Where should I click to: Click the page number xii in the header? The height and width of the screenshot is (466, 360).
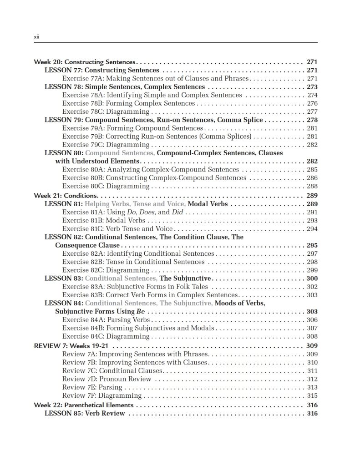pyautogui.click(x=36, y=37)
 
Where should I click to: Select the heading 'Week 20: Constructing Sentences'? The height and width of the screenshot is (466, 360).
pyautogui.click(x=85, y=62)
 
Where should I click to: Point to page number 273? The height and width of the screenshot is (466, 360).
pyautogui.click(x=312, y=87)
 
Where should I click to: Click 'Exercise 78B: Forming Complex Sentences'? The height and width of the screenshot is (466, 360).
pyautogui.click(x=128, y=103)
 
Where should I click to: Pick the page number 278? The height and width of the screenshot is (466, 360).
pyautogui.click(x=312, y=120)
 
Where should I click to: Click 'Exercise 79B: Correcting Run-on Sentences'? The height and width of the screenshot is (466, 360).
pyautogui.click(x=157, y=137)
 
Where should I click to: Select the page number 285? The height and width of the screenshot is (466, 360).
pyautogui.click(x=312, y=170)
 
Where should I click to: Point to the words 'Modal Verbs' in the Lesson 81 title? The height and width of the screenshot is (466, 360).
pyautogui.click(x=208, y=204)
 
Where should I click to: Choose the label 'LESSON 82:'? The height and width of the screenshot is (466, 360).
pyautogui.click(x=63, y=237)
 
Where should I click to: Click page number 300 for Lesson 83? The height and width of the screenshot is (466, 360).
pyautogui.click(x=312, y=279)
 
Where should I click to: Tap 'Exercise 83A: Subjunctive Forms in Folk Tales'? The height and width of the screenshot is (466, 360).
pyautogui.click(x=135, y=287)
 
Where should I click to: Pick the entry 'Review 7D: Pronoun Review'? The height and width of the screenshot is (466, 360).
pyautogui.click(x=107, y=379)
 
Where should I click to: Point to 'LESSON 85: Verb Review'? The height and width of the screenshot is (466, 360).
pyautogui.click(x=85, y=414)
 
